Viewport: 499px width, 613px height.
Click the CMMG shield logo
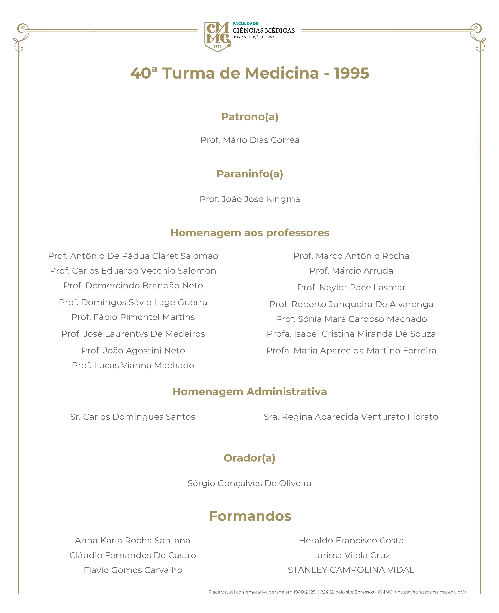tap(217, 37)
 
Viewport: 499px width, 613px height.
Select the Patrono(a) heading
tap(249, 117)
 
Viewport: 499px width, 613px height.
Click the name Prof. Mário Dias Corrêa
tap(249, 140)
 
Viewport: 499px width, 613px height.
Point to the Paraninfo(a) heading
tap(249, 174)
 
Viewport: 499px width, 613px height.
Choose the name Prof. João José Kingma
tap(249, 199)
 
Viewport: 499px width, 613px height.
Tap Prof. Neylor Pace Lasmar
tap(351, 287)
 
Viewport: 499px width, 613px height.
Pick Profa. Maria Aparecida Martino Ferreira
tap(351, 351)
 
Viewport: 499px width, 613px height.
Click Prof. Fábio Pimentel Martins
tap(133, 317)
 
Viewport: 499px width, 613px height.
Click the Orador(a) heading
tap(249, 458)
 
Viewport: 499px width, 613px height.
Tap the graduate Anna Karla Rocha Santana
tap(133, 541)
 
